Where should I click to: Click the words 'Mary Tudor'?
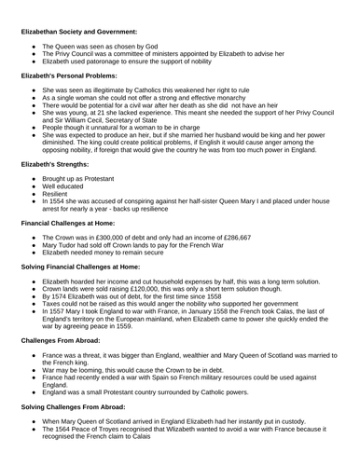[62, 247]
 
